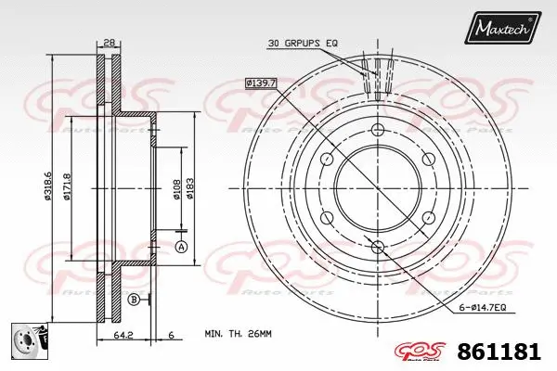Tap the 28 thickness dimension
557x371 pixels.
(110, 43)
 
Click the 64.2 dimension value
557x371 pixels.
(123, 335)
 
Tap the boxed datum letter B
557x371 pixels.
(135, 299)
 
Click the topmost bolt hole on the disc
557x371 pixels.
(377, 129)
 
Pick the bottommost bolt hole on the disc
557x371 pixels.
(377, 245)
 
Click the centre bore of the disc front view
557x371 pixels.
(377, 186)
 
